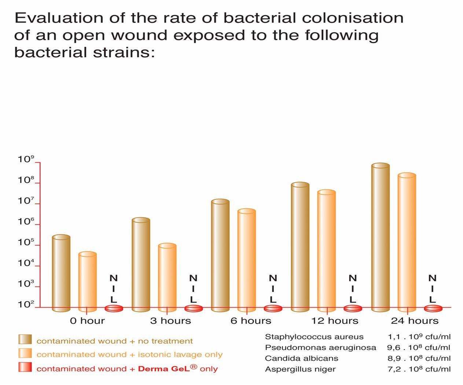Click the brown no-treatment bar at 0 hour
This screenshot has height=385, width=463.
pos(61,273)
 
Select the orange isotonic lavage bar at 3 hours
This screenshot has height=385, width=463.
pos(167,278)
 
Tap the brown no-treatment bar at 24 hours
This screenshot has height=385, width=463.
pos(381,237)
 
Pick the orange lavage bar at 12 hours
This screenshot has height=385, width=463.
pos(326,251)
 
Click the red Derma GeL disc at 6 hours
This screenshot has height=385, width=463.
pos(273,308)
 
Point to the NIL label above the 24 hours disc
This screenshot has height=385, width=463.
pos(433,289)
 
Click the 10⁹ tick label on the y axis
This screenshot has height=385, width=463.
pos(26,159)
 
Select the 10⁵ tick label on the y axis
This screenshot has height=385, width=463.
pos(26,242)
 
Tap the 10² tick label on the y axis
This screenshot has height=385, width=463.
pos(26,304)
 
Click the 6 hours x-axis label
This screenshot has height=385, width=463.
pos(251,321)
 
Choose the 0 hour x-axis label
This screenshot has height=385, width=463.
pos(87,321)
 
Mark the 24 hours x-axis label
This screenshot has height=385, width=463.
pos(415,321)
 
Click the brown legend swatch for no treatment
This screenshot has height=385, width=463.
pos(25,339)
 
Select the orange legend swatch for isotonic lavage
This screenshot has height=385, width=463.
pos(25,353)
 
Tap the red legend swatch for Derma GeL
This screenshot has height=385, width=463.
pos(25,367)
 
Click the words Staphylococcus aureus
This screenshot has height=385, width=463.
pos(314,337)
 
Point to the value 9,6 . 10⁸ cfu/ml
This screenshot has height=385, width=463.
pos(419,347)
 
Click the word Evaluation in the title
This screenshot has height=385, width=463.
pos(59,18)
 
